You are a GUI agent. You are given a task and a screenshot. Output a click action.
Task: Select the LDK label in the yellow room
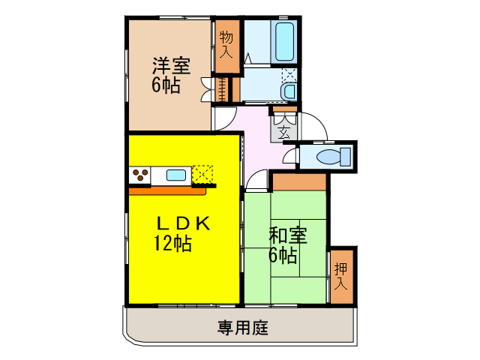point(184,223)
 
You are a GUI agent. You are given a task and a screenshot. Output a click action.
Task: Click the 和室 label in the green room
point(288,235)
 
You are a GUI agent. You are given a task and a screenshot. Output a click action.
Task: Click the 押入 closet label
point(341,274)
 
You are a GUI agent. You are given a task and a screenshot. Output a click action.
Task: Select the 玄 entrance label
point(285,133)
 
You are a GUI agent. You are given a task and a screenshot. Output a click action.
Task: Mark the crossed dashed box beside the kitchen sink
point(203,175)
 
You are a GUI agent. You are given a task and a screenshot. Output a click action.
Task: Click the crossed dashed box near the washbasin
point(290,76)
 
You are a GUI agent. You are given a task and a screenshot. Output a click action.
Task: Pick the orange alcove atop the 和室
point(299,181)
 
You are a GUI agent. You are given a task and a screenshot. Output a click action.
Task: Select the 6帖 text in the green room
point(283,254)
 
